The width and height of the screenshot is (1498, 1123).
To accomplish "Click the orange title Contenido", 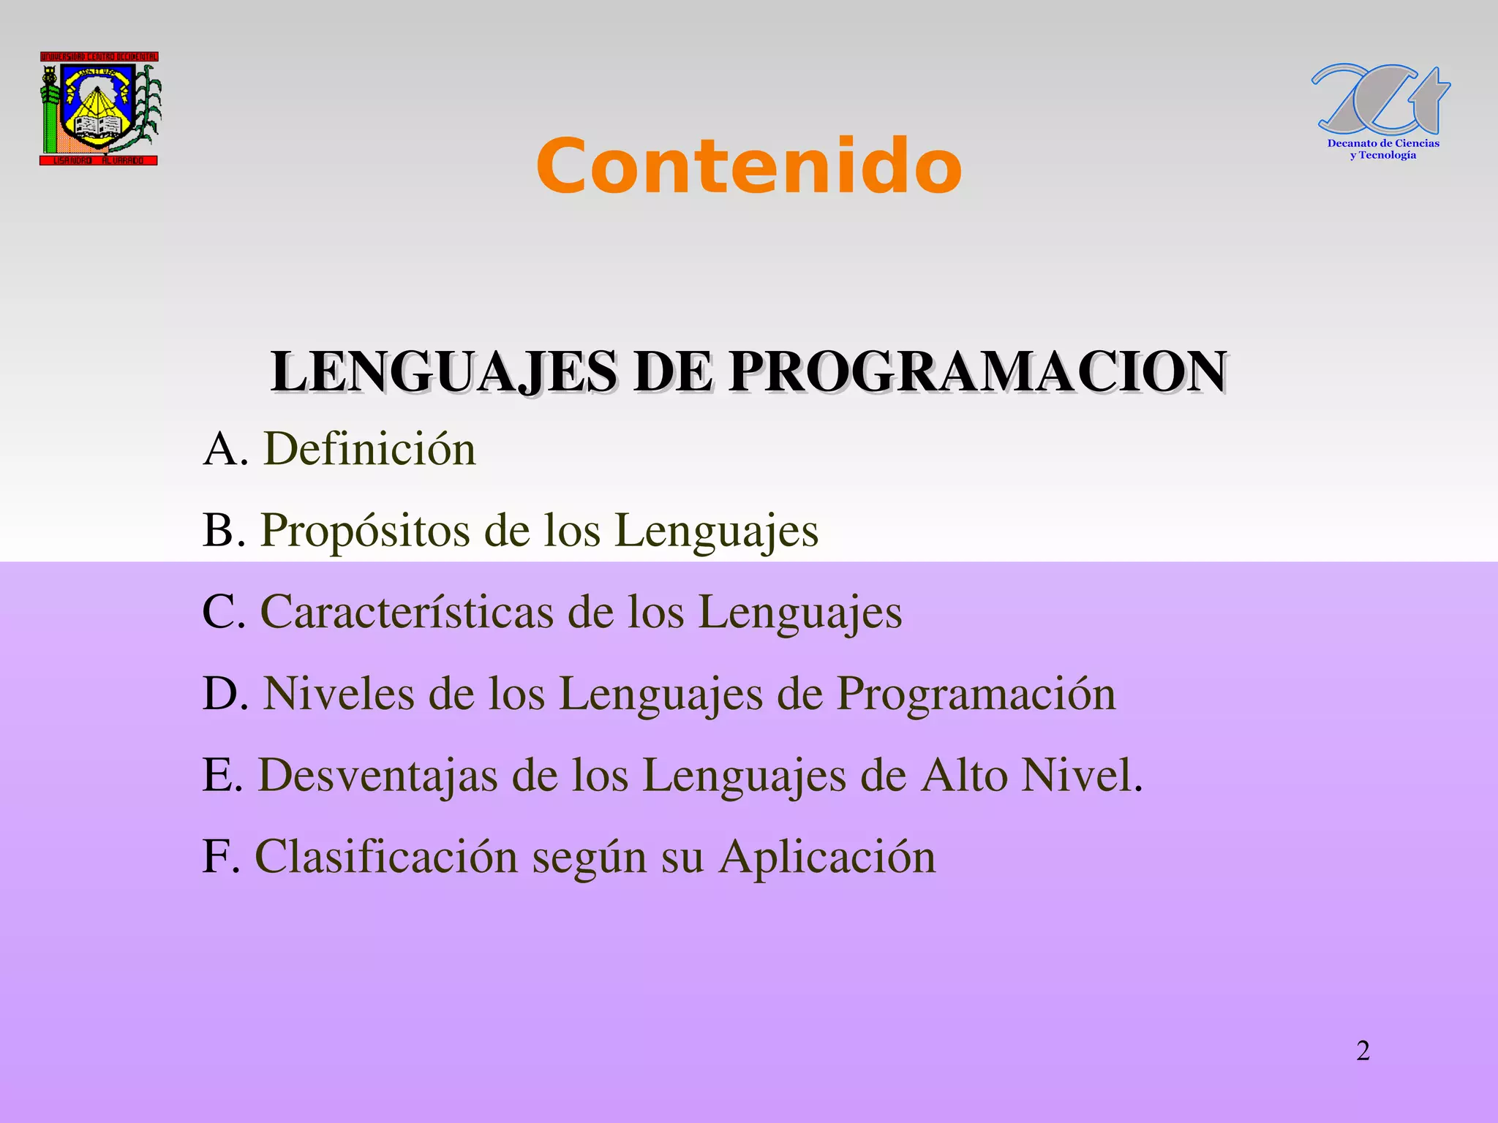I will (x=748, y=167).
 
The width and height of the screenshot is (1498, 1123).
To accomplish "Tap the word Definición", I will (x=369, y=448).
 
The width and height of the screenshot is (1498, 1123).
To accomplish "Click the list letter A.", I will (x=220, y=448).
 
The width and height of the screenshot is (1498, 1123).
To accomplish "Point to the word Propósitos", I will (x=365, y=531).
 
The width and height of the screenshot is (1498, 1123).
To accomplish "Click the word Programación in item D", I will (x=976, y=695).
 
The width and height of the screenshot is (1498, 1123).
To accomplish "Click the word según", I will (x=590, y=858).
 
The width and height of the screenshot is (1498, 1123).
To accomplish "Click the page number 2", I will (x=1363, y=1051).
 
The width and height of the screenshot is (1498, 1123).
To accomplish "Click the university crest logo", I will (x=100, y=108).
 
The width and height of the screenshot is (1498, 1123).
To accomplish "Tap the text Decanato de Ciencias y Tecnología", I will (x=1383, y=149).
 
